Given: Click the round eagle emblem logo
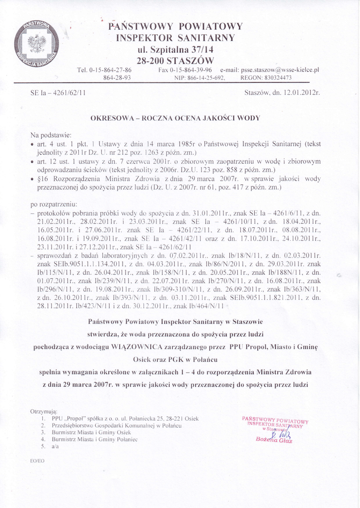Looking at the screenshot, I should (x=36, y=45).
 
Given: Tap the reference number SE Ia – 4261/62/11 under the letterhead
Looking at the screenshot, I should (x=58, y=93).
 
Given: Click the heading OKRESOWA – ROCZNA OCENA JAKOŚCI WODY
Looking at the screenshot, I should (x=175, y=118).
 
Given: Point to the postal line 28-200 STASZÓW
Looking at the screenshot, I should (x=175, y=60).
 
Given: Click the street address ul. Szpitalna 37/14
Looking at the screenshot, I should (x=175, y=49).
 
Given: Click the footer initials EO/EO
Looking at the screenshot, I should (x=37, y=461).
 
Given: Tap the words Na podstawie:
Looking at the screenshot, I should (x=51, y=135).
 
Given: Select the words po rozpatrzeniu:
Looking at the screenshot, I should (x=54, y=204).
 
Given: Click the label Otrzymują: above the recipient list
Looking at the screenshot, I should (x=44, y=411).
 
